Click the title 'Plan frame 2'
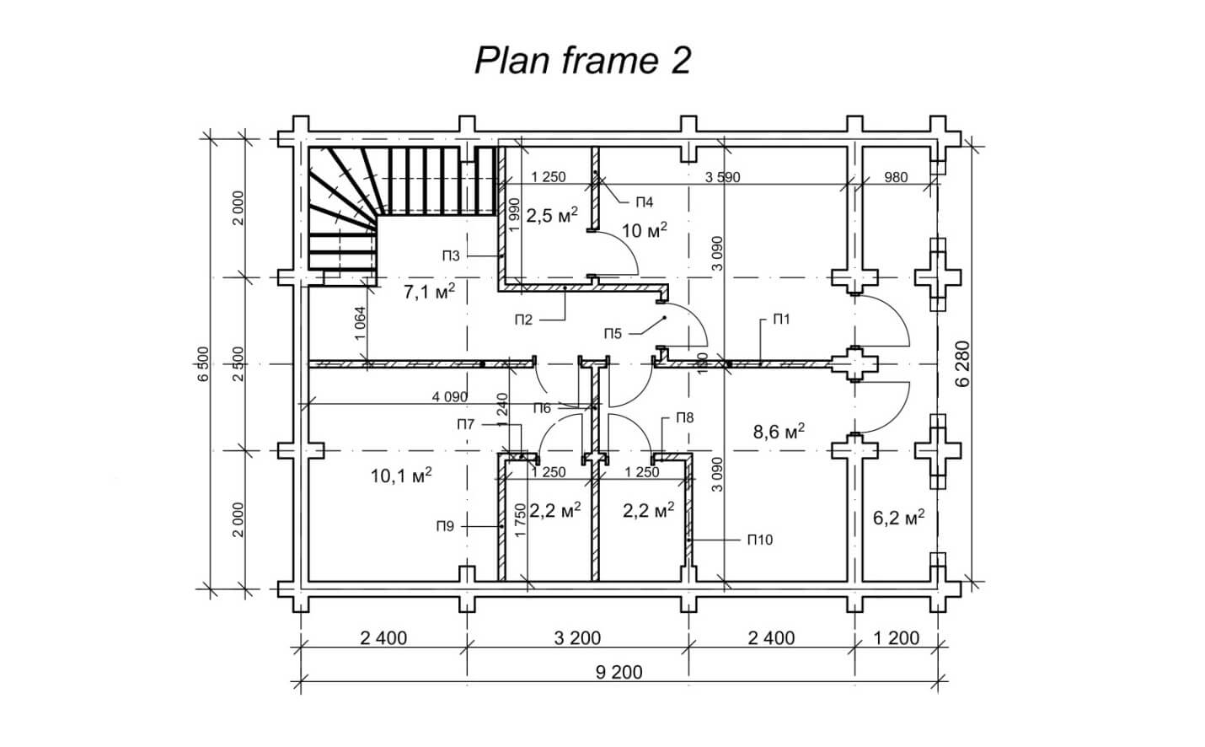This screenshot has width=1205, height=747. click(x=582, y=61)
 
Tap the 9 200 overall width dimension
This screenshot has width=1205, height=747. click(x=619, y=672)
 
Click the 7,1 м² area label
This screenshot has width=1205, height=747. click(x=429, y=293)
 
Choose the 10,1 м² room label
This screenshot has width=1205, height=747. click(x=401, y=476)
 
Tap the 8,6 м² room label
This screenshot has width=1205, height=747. click(x=778, y=432)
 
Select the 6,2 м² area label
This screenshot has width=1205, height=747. click(x=898, y=519)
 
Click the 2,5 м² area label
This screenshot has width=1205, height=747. click(x=551, y=215)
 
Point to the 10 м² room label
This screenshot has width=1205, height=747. click(x=645, y=229)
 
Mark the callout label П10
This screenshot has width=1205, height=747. click(x=758, y=540)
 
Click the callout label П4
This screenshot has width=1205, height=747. click(x=645, y=202)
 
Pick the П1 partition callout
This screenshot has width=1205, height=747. click(x=781, y=320)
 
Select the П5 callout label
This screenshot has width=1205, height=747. click(x=613, y=334)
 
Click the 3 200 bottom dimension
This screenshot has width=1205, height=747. click(x=577, y=637)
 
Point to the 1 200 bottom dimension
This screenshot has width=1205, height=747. click(x=896, y=637)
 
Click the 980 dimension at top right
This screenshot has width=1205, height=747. click(x=897, y=177)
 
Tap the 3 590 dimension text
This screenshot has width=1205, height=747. click(x=722, y=177)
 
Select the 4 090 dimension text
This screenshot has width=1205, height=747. click(x=449, y=396)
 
